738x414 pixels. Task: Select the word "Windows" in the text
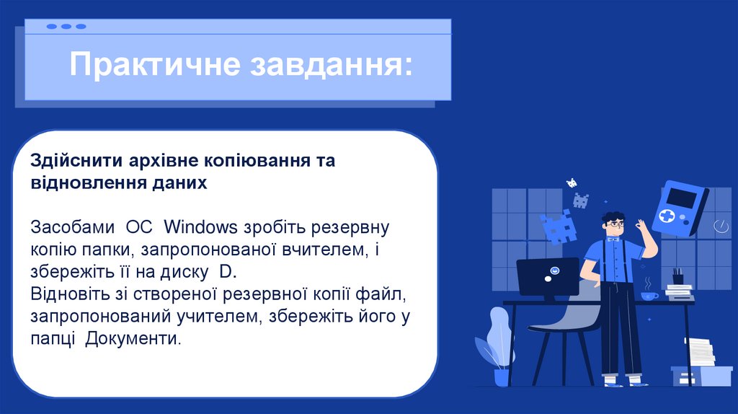point(201,228)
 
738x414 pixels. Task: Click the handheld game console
point(680,210)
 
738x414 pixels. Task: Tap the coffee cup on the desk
point(649,295)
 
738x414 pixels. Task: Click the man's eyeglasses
point(614,224)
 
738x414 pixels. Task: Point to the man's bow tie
point(614,238)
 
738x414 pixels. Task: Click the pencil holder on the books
point(677,277)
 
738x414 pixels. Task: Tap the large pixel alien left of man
point(559,226)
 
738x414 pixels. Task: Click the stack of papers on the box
point(699,353)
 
